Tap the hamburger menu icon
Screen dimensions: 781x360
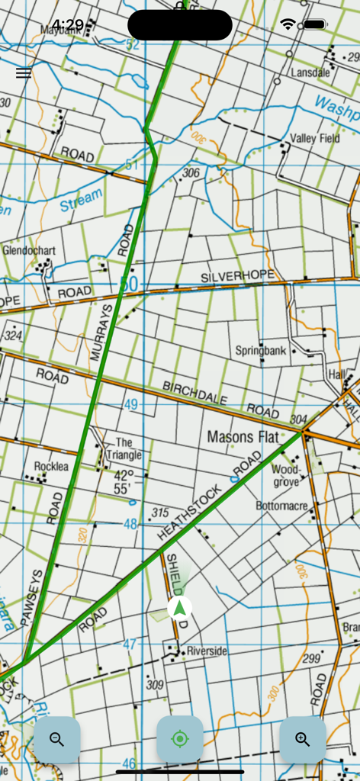pos(24,73)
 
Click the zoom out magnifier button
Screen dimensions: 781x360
pos(57,739)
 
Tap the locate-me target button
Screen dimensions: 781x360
pos(180,739)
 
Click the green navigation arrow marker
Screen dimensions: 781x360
pos(180,608)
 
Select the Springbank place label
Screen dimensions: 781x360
pos(260,352)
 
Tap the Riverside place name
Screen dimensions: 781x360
pos(207,651)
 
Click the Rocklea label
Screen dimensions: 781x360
pos(51,467)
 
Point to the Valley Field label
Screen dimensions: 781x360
pos(314,139)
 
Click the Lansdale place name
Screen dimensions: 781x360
pos(310,73)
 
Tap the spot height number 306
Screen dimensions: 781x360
pos(191,173)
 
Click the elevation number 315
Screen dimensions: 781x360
pos(160,513)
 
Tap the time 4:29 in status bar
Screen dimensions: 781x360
pos(68,24)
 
